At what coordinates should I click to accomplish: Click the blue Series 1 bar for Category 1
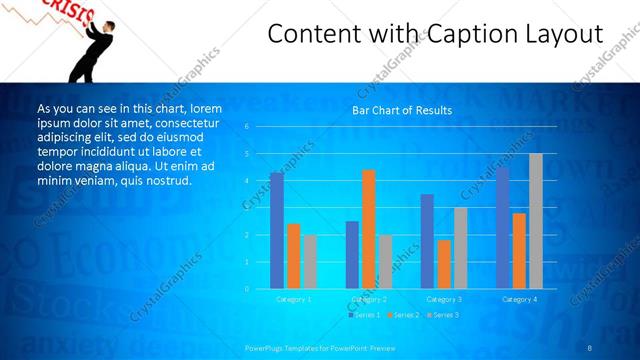pyautogui.click(x=277, y=231)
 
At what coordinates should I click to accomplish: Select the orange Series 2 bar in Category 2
pyautogui.click(x=369, y=229)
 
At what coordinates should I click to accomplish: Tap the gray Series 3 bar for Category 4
pyautogui.click(x=536, y=221)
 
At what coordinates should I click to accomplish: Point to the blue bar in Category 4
pyautogui.click(x=502, y=228)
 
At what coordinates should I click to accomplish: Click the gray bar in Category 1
pyautogui.click(x=311, y=262)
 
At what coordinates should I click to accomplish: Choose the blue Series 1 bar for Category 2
pyautogui.click(x=352, y=255)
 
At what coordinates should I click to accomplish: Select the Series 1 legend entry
pyautogui.click(x=362, y=315)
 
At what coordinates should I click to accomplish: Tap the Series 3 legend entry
pyautogui.click(x=442, y=315)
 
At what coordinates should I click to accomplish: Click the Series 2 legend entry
pyautogui.click(x=402, y=315)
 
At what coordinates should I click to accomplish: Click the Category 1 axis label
pyautogui.click(x=294, y=299)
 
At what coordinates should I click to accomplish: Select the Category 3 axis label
pyautogui.click(x=444, y=299)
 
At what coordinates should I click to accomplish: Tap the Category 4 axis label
pyautogui.click(x=519, y=299)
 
